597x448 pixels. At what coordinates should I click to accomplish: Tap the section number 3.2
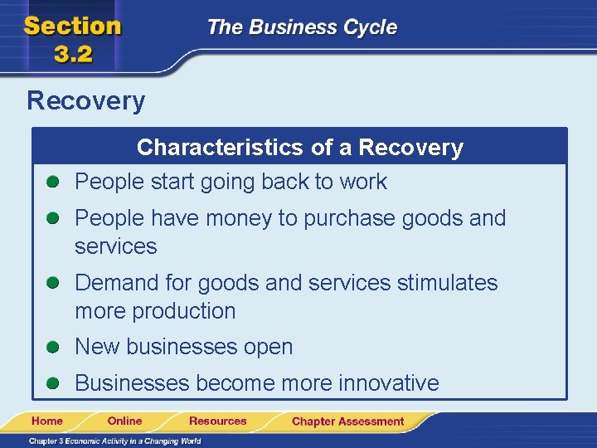73,55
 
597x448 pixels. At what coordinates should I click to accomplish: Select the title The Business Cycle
302,27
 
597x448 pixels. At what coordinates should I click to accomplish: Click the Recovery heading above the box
85,101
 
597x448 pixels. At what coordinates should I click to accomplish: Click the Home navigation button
47,421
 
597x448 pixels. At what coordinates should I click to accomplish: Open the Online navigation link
124,421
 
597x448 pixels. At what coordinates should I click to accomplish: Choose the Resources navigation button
217,421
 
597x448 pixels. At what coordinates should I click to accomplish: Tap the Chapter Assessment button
347,421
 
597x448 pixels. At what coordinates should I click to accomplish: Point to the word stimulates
447,283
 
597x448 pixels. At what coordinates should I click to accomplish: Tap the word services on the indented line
115,246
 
